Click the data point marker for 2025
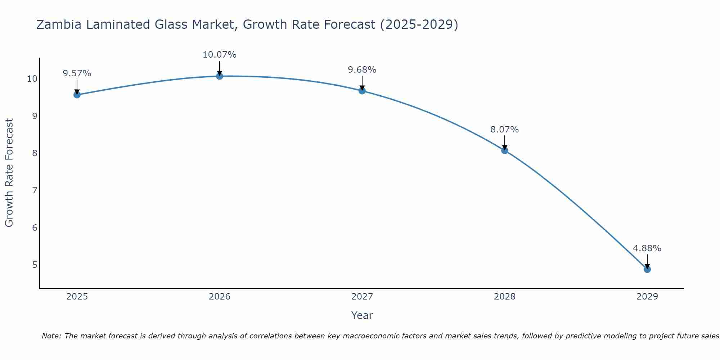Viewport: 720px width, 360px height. tap(77, 95)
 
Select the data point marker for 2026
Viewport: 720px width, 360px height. tap(220, 76)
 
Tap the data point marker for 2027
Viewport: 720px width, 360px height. tap(362, 91)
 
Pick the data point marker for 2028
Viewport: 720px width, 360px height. tap(505, 150)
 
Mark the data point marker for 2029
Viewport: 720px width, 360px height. tap(647, 269)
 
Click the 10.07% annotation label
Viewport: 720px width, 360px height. tap(220, 55)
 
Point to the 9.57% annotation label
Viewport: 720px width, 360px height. tap(77, 73)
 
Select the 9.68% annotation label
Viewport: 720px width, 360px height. tap(362, 70)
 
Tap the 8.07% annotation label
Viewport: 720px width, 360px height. tap(505, 130)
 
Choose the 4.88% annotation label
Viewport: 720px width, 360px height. tap(647, 248)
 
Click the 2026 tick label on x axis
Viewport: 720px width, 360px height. tap(220, 297)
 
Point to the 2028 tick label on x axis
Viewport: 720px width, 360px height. tap(505, 297)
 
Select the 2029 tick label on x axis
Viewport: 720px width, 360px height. tap(647, 297)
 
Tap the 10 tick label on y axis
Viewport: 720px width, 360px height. tap(32, 79)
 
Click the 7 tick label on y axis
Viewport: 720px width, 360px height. tap(35, 190)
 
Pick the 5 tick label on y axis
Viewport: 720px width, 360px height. tap(35, 265)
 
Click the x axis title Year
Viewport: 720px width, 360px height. tap(362, 315)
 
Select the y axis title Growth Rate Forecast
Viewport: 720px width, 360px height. tap(9, 173)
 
